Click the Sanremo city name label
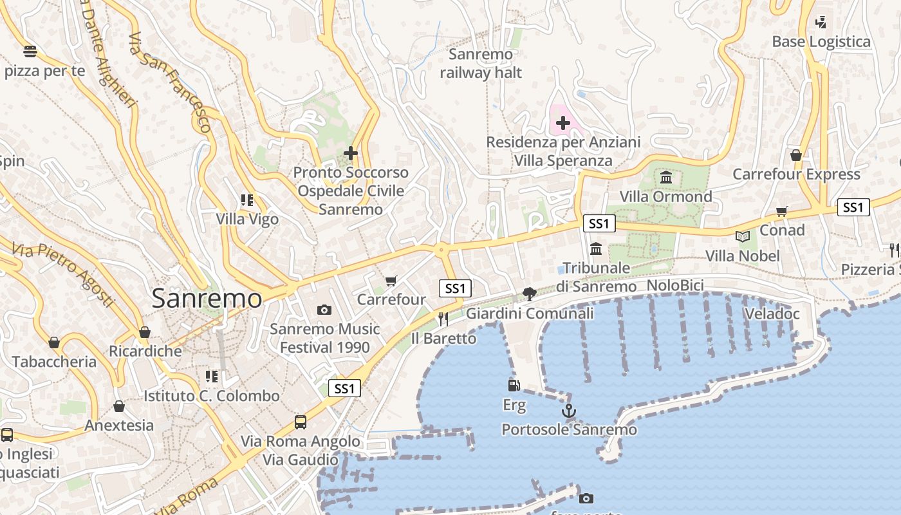tap(207, 299)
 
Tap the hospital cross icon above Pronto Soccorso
tap(350, 153)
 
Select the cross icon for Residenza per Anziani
tap(563, 122)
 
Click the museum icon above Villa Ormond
tap(666, 177)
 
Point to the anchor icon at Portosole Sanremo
tap(569, 411)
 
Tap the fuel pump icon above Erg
tap(514, 386)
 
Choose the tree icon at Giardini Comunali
tap(530, 294)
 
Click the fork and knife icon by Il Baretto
tap(443, 319)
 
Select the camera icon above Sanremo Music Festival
tap(324, 310)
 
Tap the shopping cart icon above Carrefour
tap(391, 281)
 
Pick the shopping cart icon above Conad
tap(782, 211)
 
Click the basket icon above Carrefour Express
tap(796, 155)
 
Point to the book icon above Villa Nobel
tap(743, 237)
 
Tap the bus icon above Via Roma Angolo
tap(301, 422)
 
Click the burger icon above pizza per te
tap(30, 51)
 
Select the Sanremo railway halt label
tap(481, 64)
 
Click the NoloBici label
tap(675, 285)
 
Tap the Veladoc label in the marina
tap(772, 314)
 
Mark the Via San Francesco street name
tap(170, 82)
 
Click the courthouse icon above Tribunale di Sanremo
tap(596, 248)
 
